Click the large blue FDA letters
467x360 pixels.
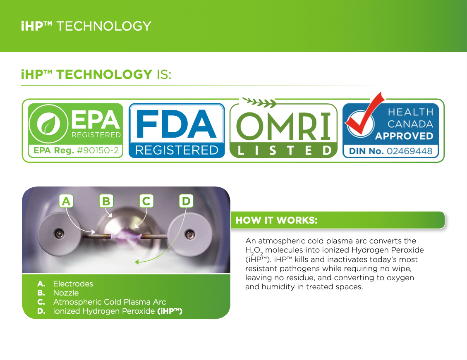tap(176, 124)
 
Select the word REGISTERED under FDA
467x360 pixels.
tap(177, 150)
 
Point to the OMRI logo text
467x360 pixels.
tap(283, 126)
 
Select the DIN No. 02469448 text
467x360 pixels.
tap(390, 151)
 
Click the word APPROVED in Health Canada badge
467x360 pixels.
tap(404, 136)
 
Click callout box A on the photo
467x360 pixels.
tap(66, 201)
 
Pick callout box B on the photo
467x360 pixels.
tap(106, 201)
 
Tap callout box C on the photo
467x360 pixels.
tap(146, 201)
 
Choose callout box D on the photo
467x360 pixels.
tap(186, 201)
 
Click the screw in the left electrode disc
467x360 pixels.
tap(60, 234)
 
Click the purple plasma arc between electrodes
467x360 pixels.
tap(126, 236)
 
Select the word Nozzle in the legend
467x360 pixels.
tap(66, 293)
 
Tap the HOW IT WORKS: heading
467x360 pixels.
tap(276, 220)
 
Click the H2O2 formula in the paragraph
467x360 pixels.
tap(254, 251)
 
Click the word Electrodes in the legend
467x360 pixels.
tap(73, 284)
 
